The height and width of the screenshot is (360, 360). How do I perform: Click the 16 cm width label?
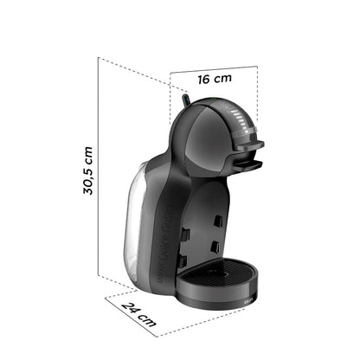pos(215,79)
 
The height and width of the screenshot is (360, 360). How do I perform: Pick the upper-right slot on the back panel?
pos(218,222)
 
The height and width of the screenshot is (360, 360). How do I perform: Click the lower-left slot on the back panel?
pos(181,259)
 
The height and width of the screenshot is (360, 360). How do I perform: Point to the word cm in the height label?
pos(90,155)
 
